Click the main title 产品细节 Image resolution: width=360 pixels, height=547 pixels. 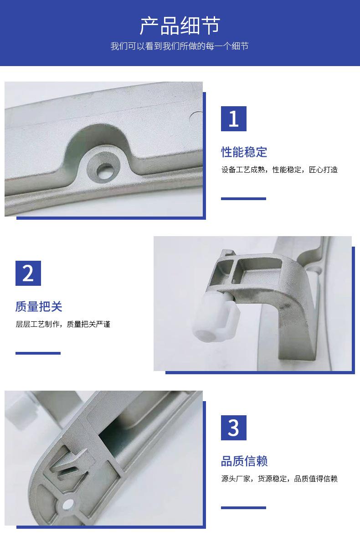[180, 26]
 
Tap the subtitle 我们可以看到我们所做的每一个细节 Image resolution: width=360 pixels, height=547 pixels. [180, 46]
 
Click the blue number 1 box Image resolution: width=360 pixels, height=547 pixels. [234, 119]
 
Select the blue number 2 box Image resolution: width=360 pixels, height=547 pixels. [28, 273]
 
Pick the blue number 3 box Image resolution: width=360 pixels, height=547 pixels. [234, 428]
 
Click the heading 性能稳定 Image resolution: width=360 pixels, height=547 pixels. [244, 152]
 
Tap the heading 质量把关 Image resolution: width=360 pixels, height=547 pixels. [39, 307]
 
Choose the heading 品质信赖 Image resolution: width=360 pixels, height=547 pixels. [244, 461]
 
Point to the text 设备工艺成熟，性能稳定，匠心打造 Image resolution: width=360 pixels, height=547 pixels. [279, 170]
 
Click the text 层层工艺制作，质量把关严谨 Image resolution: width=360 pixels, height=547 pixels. [63, 324]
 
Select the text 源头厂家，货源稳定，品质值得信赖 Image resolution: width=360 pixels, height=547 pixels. [279, 479]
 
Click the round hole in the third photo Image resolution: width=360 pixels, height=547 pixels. [68, 504]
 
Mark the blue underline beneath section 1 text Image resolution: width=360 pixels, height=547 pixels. [243, 199]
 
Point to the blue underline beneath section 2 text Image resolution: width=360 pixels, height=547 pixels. [38, 353]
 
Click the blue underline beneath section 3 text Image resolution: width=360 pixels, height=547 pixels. [243, 508]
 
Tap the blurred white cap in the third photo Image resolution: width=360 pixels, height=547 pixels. [21, 408]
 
